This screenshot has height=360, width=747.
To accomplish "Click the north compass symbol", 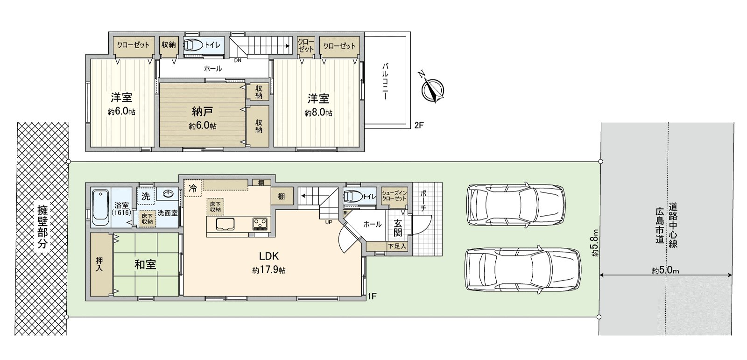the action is [432, 89].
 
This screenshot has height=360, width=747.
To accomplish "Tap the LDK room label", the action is [269, 256].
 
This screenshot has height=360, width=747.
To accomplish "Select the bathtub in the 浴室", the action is [100, 209].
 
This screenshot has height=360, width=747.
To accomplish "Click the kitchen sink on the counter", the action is [225, 224].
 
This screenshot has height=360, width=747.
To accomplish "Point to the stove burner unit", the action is [260, 224].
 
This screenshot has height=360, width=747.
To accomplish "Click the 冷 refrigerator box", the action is [193, 189].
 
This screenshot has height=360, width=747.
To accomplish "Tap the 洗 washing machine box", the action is [146, 196].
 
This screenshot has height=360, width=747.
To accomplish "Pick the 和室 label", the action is [145, 265].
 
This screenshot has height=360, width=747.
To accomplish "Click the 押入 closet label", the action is [99, 264].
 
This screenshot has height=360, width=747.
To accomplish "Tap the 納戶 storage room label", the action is [202, 111].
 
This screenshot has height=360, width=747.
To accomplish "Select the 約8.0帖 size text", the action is [318, 113].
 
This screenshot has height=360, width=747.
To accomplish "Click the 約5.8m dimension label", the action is [595, 242].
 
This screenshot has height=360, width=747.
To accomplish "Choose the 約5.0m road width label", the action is [665, 270].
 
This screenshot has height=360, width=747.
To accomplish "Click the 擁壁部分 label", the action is [42, 227].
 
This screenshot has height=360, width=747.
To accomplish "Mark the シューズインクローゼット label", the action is [394, 196].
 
